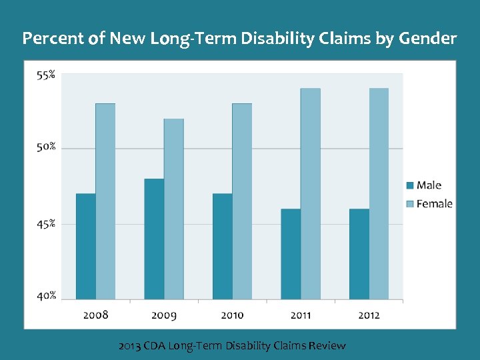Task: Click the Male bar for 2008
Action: [85, 246]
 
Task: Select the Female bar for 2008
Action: [105, 201]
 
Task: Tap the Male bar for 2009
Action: [154, 239]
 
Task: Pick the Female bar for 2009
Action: [174, 209]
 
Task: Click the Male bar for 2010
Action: [223, 246]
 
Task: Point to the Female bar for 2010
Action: [242, 201]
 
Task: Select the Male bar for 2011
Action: [291, 254]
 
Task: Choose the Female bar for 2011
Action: [311, 194]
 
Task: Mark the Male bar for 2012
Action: [359, 254]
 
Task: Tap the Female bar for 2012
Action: [379, 194]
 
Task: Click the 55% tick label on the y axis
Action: [46, 75]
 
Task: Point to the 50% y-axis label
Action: [46, 147]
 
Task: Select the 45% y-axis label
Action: [46, 224]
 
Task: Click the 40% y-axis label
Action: [46, 295]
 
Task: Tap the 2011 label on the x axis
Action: [300, 315]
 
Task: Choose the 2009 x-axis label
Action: [164, 315]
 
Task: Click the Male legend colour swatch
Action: [410, 185]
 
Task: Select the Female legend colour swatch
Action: [410, 203]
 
